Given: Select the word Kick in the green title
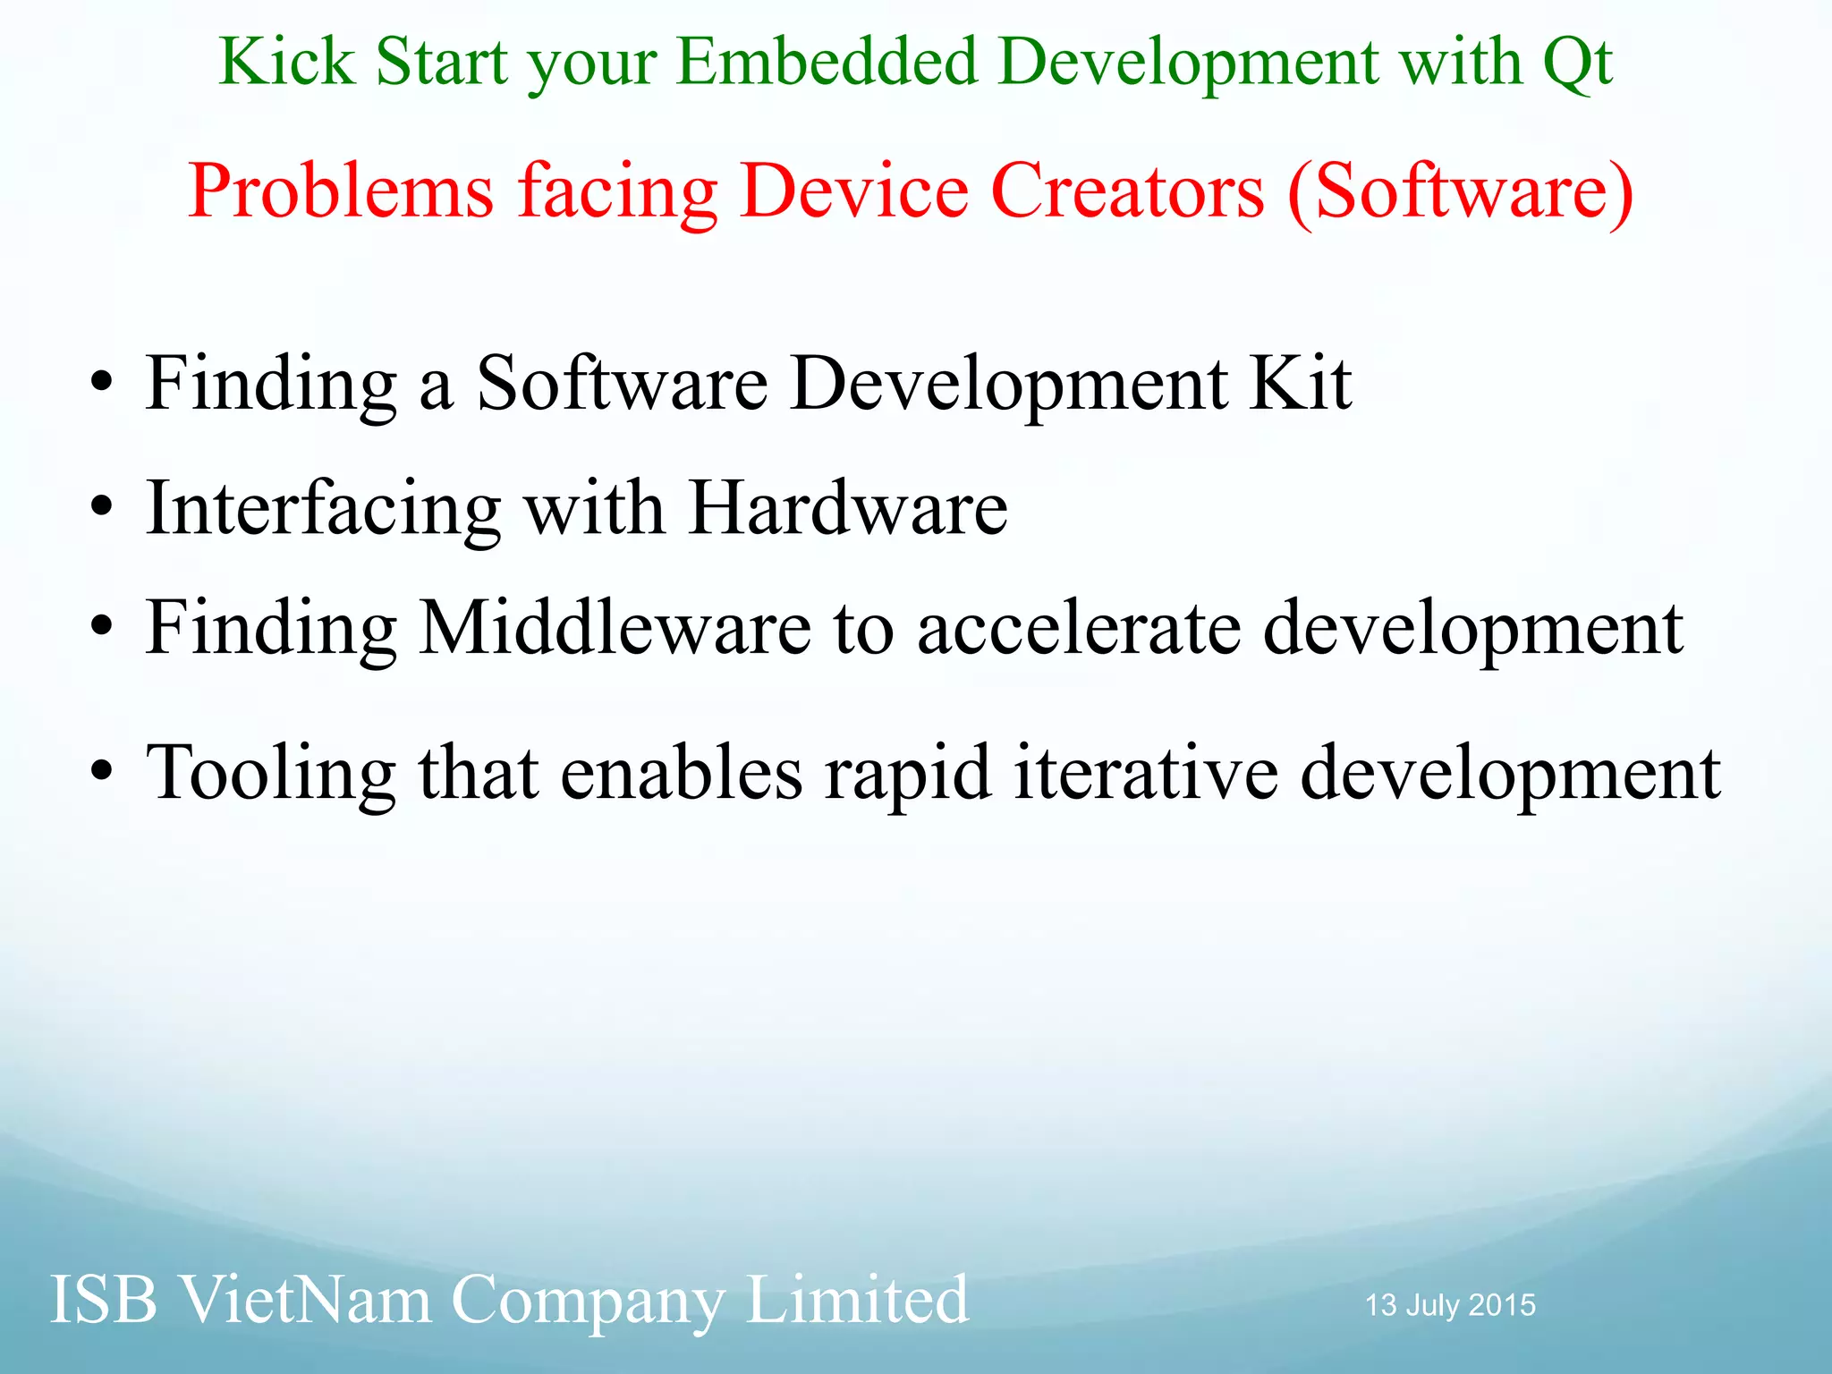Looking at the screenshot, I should coord(286,63).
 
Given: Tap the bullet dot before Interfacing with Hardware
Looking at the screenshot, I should coord(102,507).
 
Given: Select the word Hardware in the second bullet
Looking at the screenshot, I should coord(848,508).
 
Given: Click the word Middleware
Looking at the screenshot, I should coord(615,628).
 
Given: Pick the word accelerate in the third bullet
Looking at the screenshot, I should coord(1079,628).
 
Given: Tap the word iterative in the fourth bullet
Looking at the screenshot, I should coord(1146,772).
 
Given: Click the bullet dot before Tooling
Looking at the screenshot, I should coord(102,771).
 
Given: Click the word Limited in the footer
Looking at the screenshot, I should coord(856,1300).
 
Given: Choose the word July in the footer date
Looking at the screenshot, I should coord(1432,1306).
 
